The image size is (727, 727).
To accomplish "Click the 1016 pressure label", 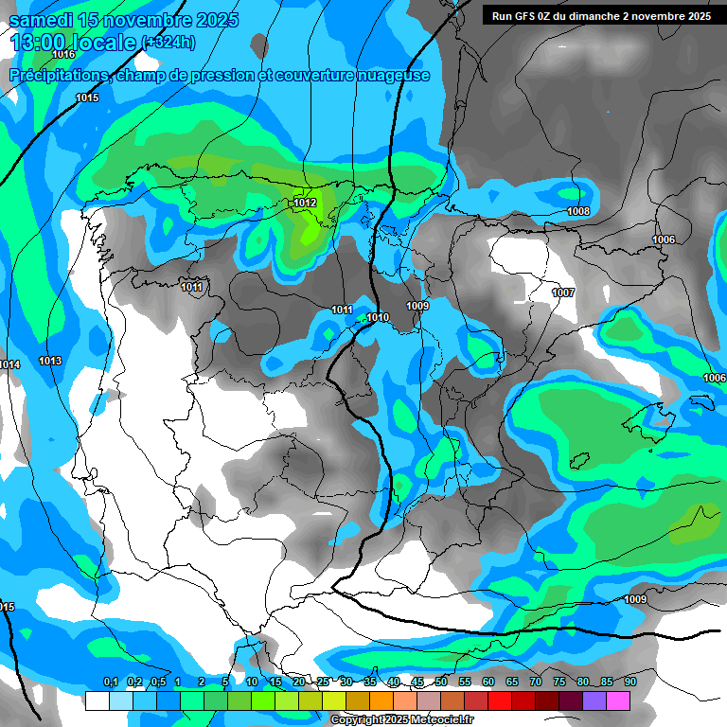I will click(x=64, y=55).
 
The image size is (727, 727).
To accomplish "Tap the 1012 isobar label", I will click(x=305, y=203).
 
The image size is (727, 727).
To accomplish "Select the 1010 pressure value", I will click(x=378, y=317).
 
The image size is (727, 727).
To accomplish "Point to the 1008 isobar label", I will click(x=578, y=211).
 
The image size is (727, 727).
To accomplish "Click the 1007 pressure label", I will click(x=563, y=293).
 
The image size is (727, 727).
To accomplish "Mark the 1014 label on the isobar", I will click(x=9, y=364).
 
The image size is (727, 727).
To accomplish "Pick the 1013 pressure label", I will click(x=50, y=361).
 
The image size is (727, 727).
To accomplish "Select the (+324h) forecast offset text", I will click(x=168, y=43).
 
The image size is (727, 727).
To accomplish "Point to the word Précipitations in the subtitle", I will click(x=59, y=76).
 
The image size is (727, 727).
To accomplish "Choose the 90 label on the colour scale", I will click(x=629, y=683).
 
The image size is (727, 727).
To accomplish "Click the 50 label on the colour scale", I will click(x=440, y=683).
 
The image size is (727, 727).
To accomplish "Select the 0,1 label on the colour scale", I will click(x=110, y=683).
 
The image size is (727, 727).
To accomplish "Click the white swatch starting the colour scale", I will click(x=97, y=700).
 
